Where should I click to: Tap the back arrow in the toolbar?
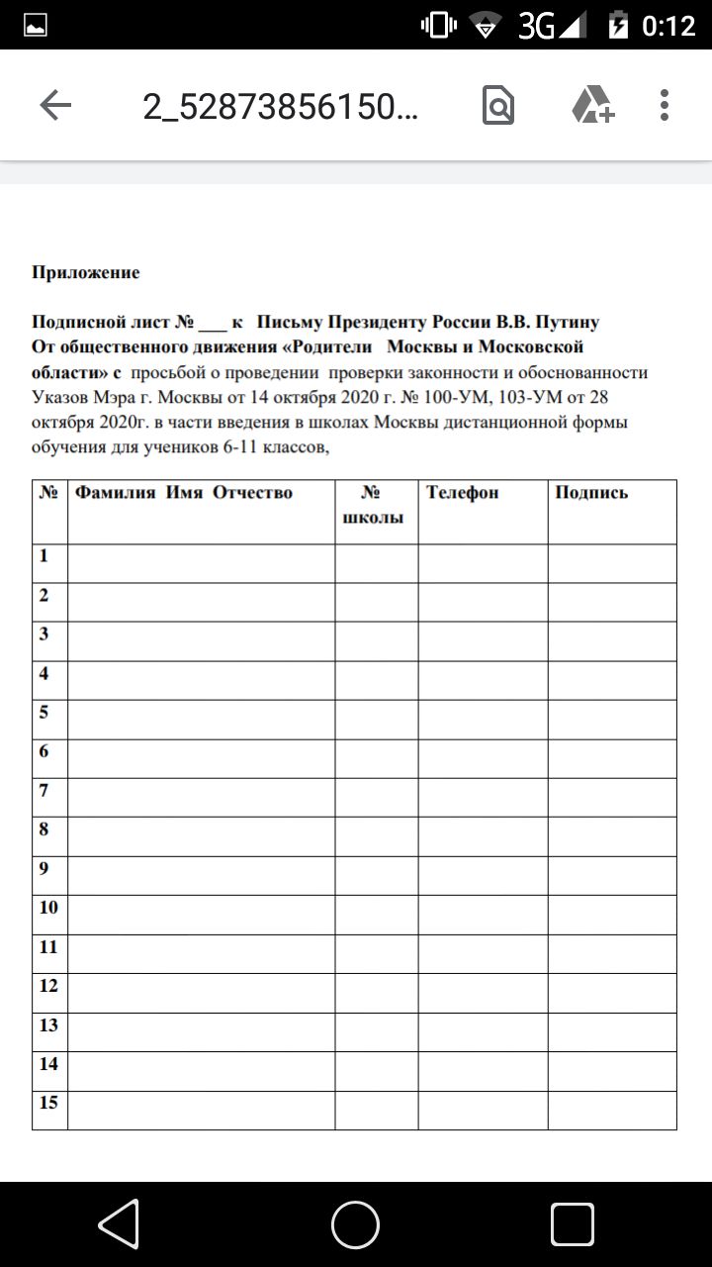pos(55,105)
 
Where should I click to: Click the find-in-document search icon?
pos(498,105)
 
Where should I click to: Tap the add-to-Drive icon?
pos(592,105)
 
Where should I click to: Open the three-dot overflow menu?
pos(665,105)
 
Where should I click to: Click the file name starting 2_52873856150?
pos(280,106)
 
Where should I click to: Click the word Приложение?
pos(86,272)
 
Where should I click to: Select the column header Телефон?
pos(462,492)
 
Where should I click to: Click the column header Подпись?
pos(591,492)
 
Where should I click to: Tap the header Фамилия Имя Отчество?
pos(185,492)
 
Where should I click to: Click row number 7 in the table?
pos(44,790)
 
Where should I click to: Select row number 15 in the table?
pos(48,1102)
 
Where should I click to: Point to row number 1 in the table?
pos(44,555)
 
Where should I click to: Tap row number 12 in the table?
pos(48,985)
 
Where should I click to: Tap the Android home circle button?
pos(355,1224)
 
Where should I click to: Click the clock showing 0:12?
pos(668,25)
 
